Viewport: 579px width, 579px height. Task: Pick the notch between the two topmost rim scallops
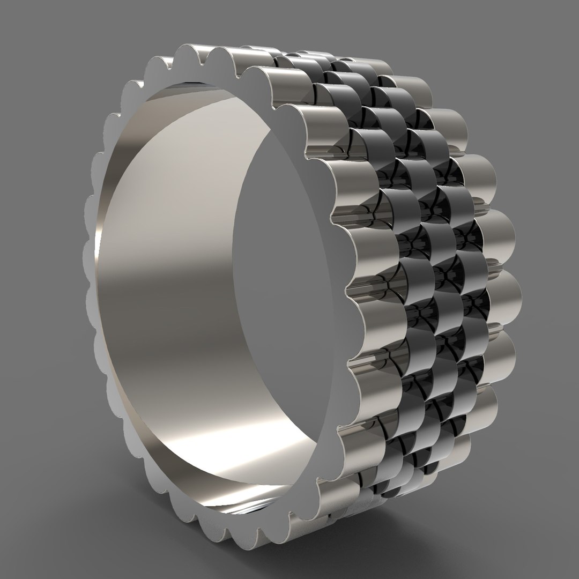(207, 54)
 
